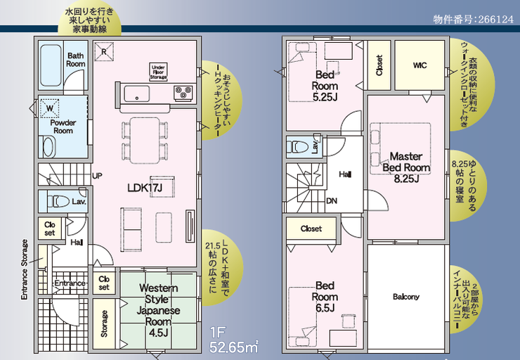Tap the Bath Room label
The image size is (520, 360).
76,60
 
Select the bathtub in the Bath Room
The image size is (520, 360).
51,65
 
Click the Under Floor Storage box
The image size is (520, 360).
158,72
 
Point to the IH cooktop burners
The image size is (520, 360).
183,93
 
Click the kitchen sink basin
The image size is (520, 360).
136,94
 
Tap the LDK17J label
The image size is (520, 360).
145,188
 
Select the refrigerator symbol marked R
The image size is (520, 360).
104,51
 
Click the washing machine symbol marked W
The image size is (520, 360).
49,108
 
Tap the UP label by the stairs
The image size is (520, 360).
97,176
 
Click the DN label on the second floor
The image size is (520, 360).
332,200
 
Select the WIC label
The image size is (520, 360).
420,65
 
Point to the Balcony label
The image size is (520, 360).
406,296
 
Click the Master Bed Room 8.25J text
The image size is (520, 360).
406,167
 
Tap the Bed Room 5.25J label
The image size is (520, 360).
325,86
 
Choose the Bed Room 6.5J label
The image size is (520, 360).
325,297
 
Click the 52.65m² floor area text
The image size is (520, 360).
233,347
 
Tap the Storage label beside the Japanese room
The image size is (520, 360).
104,323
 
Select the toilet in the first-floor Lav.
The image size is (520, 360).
59,201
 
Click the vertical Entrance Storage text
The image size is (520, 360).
25,269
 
